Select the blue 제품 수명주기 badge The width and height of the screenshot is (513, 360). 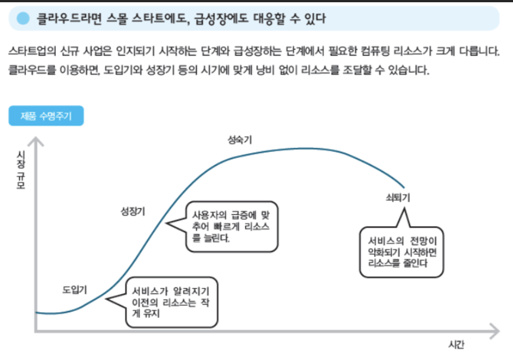point(46,116)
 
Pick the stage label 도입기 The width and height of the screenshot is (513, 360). point(74,290)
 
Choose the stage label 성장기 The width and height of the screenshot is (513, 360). point(133,211)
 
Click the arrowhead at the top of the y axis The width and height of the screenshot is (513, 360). point(35,141)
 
